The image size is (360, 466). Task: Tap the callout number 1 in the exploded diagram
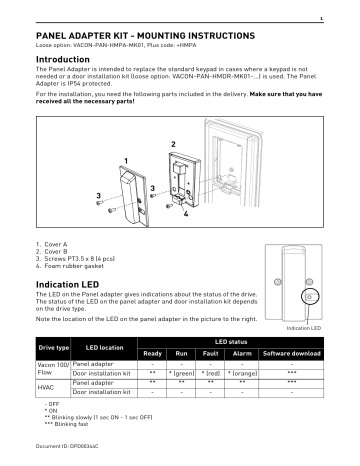pos(127,161)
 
